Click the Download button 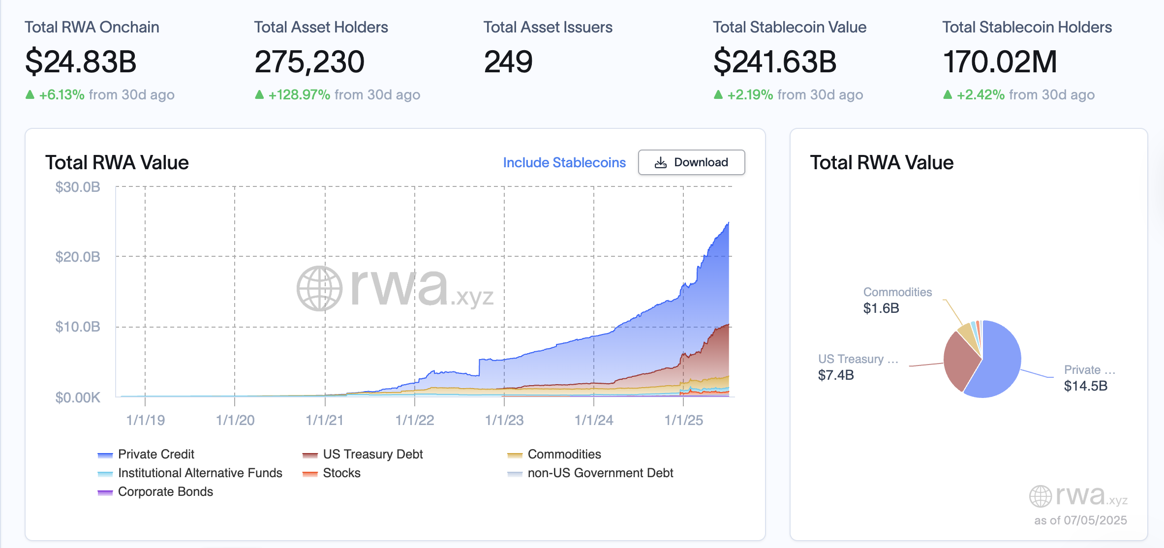click(691, 162)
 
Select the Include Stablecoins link click(564, 162)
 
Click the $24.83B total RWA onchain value click(81, 62)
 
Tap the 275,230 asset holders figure click(309, 62)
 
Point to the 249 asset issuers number click(508, 62)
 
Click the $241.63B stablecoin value click(774, 62)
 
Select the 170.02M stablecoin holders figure click(1000, 62)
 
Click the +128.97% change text click(299, 94)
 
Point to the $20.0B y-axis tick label click(78, 257)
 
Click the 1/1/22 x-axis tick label click(415, 420)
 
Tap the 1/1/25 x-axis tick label click(683, 420)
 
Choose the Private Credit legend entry click(155, 454)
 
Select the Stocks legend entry click(341, 473)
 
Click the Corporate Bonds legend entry click(165, 491)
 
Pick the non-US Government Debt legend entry click(600, 473)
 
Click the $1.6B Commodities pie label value click(881, 308)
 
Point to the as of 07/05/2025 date click(1080, 520)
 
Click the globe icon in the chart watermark click(319, 289)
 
